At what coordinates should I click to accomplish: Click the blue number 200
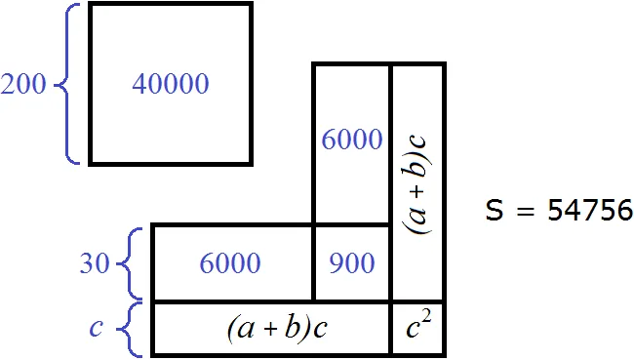click(x=23, y=84)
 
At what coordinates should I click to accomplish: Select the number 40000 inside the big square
click(x=171, y=84)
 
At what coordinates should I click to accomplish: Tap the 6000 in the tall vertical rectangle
click(x=352, y=140)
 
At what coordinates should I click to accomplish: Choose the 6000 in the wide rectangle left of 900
click(x=230, y=262)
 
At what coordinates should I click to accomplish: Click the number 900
click(x=352, y=262)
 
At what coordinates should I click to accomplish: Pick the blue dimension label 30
click(x=95, y=262)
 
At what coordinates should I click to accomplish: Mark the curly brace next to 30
click(x=130, y=263)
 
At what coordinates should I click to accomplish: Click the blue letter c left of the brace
click(x=96, y=328)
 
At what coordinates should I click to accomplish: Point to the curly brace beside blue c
click(x=130, y=329)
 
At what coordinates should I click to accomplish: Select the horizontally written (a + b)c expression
click(x=277, y=328)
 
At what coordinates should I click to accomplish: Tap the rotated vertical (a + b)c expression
click(x=418, y=184)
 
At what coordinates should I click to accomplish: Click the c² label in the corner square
click(x=418, y=325)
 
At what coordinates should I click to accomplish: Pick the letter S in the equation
click(x=495, y=210)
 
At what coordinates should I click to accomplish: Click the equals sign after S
click(x=525, y=211)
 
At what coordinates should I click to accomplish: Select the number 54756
click(x=589, y=211)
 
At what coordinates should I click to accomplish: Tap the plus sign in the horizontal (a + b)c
click(x=271, y=329)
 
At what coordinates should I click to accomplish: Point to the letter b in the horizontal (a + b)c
click(x=292, y=327)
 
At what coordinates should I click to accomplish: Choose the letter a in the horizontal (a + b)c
click(x=246, y=330)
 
